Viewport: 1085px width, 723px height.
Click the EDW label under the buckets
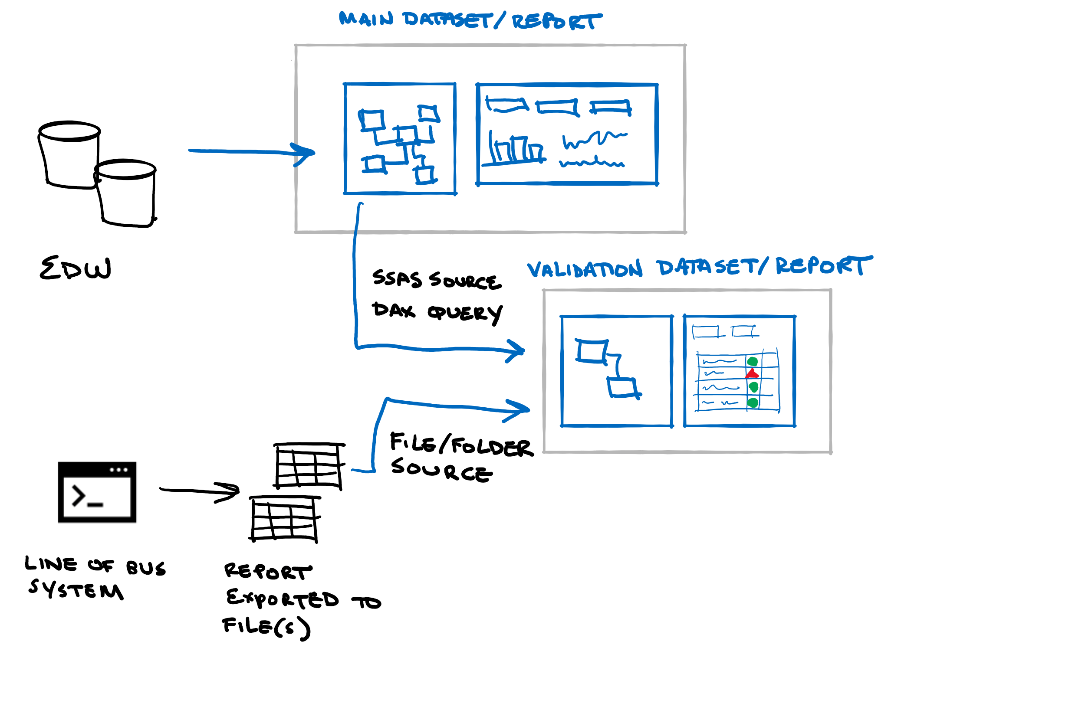click(75, 268)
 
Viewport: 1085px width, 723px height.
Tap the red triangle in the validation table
click(752, 373)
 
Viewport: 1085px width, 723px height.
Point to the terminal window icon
click(97, 492)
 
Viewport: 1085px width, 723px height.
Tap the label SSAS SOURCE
click(437, 279)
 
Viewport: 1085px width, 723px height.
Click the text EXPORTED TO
click(303, 599)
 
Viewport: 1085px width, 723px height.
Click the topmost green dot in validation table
click(753, 361)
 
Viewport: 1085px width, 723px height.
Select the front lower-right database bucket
click(126, 194)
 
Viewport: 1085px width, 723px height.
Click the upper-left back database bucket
click(69, 154)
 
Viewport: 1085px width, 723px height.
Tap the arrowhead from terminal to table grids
click(230, 492)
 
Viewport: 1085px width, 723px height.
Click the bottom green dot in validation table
click(753, 402)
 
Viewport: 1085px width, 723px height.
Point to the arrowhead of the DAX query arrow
click(516, 351)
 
